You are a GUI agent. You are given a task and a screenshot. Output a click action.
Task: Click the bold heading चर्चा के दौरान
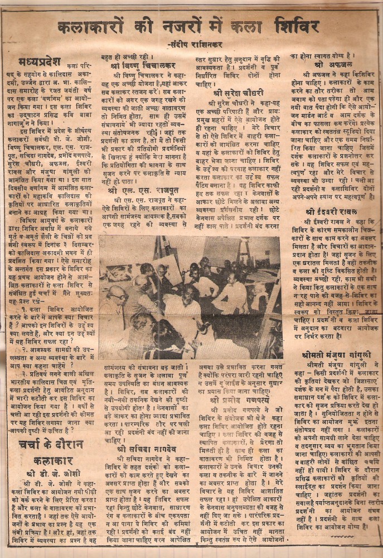tap(51, 445)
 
